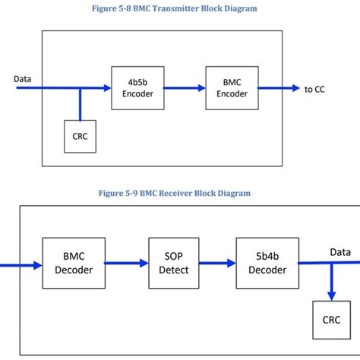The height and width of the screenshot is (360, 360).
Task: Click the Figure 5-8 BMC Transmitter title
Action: click(180, 8)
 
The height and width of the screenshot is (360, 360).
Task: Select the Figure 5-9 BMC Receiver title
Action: click(180, 193)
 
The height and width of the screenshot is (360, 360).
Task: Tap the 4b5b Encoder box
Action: click(132, 88)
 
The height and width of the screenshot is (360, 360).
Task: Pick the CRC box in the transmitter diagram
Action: click(80, 136)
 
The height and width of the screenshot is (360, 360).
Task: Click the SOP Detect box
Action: click(169, 264)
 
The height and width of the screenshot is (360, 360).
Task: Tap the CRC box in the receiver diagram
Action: click(332, 319)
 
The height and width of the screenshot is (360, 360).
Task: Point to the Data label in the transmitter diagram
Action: click(24, 78)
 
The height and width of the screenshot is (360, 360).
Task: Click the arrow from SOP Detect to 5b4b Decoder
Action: click(216, 264)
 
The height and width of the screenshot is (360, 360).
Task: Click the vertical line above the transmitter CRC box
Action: click(80, 104)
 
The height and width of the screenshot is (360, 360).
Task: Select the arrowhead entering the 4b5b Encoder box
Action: click(106, 88)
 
